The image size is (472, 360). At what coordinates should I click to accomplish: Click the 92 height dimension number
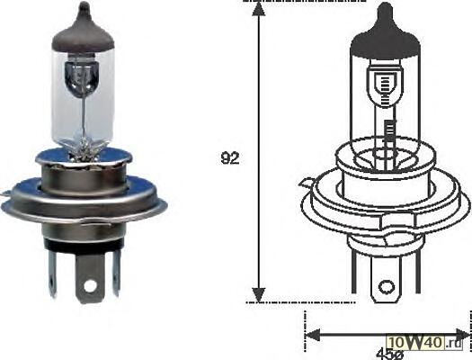pos(230,158)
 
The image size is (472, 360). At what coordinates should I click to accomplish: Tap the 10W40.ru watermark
pos(424,343)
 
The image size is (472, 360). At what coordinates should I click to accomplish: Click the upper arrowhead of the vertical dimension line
pos(258,8)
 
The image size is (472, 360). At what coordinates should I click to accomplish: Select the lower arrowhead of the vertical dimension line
pos(258,294)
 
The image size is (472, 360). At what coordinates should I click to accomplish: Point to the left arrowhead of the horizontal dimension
pos(312,335)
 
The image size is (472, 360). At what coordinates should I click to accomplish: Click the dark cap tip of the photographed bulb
pos(84,7)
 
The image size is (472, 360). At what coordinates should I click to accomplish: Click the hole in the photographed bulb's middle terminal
pos(90,285)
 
